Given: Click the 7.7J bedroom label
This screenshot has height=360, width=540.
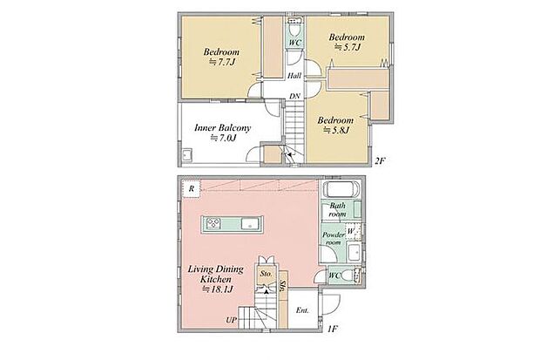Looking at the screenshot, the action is click(221, 57).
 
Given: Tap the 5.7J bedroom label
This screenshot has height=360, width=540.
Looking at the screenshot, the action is click(347, 42).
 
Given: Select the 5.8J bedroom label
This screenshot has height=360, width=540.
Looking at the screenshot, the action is click(336, 126).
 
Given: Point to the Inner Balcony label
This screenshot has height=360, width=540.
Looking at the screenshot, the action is click(222, 132).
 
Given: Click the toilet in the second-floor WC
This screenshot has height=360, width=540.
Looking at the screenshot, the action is click(294, 28).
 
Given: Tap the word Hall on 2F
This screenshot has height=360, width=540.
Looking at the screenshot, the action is click(294, 76).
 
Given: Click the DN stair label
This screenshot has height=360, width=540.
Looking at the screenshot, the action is click(294, 96).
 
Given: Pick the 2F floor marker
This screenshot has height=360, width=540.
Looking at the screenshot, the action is click(380, 160).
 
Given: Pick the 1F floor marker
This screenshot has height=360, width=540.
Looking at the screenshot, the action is click(332, 329).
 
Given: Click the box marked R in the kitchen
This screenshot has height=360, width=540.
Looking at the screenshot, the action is click(192, 188).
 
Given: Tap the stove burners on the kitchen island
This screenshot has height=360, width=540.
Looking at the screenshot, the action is click(213, 224).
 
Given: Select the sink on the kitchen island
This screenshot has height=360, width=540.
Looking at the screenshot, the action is click(248, 224).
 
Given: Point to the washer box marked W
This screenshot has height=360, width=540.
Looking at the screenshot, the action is click(354, 231).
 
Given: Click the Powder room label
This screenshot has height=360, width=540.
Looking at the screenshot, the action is click(333, 238).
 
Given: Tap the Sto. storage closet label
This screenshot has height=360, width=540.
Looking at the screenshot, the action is click(267, 274).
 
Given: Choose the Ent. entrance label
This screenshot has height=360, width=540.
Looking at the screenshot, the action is click(302, 310).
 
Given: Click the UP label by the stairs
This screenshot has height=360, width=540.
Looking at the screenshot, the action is click(232, 320).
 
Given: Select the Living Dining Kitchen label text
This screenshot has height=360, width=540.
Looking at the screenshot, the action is click(216, 279).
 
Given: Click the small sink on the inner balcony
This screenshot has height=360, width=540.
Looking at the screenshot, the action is click(187, 155).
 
